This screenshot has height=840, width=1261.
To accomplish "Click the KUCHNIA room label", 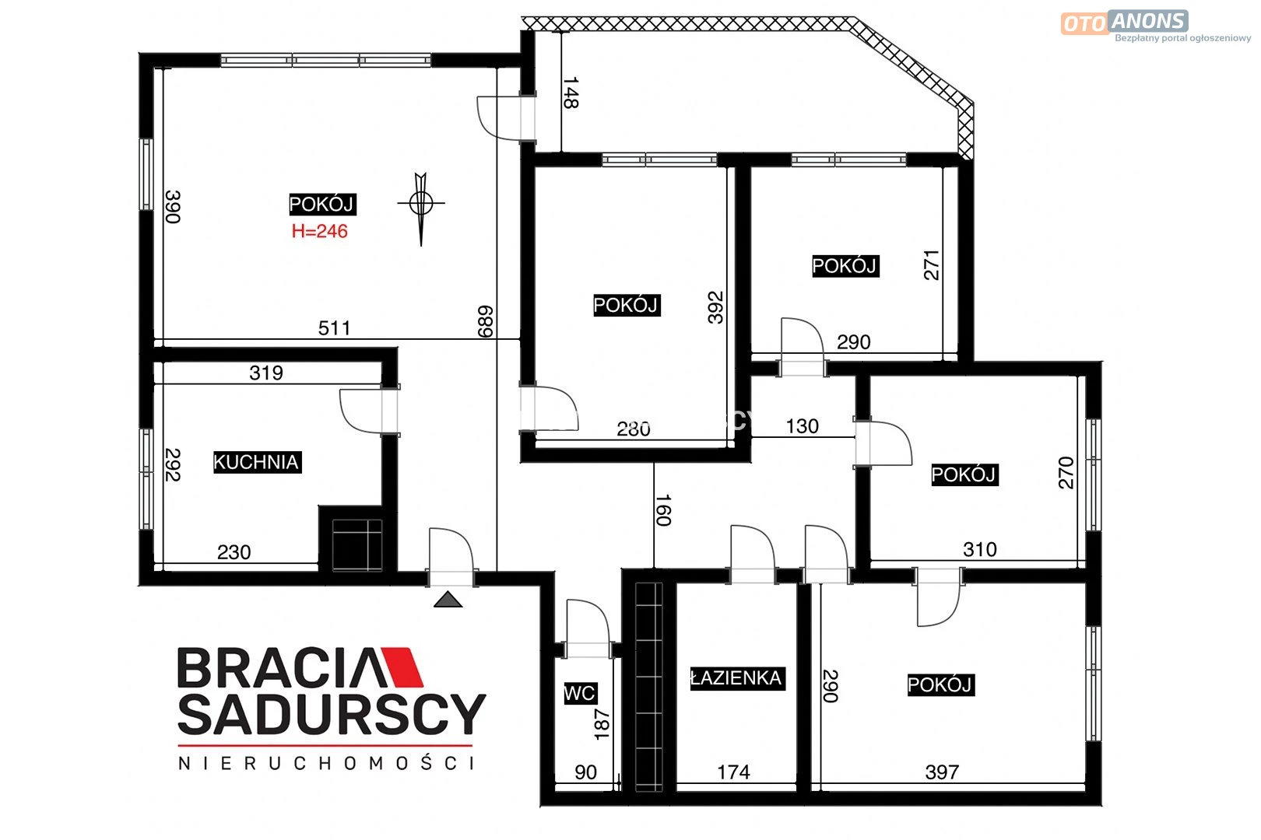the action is (258, 462).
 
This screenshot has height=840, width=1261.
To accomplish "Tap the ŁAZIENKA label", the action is (737, 678).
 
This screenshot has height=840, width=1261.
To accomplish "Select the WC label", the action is (579, 692).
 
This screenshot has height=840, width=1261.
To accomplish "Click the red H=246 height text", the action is (320, 231).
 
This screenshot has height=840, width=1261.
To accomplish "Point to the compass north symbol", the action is (420, 208).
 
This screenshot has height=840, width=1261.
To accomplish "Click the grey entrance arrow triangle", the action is (448, 600).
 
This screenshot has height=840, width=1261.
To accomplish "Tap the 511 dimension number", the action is (335, 328).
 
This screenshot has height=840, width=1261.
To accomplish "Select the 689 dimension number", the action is (485, 321).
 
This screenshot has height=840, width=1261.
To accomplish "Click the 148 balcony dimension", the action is (571, 93).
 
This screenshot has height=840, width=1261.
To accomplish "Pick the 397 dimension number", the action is (942, 772).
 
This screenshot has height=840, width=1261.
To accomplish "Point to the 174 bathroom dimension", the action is (733, 772).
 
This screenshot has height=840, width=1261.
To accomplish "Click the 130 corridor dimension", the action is (803, 426).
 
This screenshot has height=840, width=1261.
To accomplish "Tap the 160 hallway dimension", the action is (664, 509).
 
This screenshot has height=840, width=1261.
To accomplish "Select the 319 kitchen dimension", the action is (266, 373).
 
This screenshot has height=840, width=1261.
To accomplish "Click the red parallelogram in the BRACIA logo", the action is (402, 667).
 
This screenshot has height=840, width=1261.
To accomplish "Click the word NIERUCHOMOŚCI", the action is (326, 763).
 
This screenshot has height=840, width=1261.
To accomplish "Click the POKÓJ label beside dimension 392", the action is (627, 305).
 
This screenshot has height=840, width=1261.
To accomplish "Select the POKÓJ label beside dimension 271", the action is (845, 265).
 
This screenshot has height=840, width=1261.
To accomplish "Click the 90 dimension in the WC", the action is (586, 772).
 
